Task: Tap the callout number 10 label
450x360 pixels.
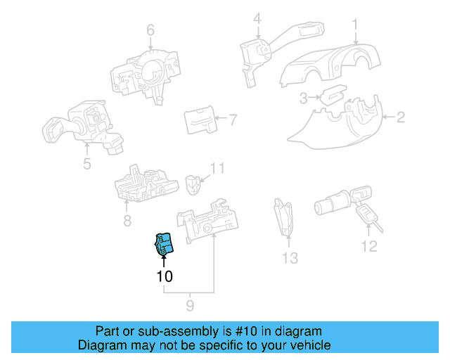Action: (x=164, y=277)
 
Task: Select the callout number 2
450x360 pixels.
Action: (x=400, y=117)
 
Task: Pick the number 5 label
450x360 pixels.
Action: (x=86, y=165)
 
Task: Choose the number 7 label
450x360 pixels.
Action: (x=233, y=120)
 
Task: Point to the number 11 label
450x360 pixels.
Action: (x=218, y=169)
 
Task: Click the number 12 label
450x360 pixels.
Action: (x=369, y=246)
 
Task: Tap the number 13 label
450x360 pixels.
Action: (x=290, y=259)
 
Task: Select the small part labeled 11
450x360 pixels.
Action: (x=192, y=184)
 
